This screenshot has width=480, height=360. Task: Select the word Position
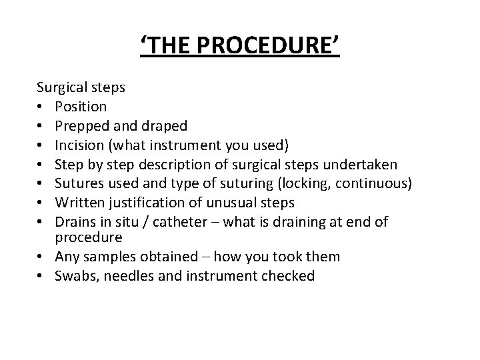click(x=81, y=107)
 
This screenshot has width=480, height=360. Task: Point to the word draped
click(x=163, y=125)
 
